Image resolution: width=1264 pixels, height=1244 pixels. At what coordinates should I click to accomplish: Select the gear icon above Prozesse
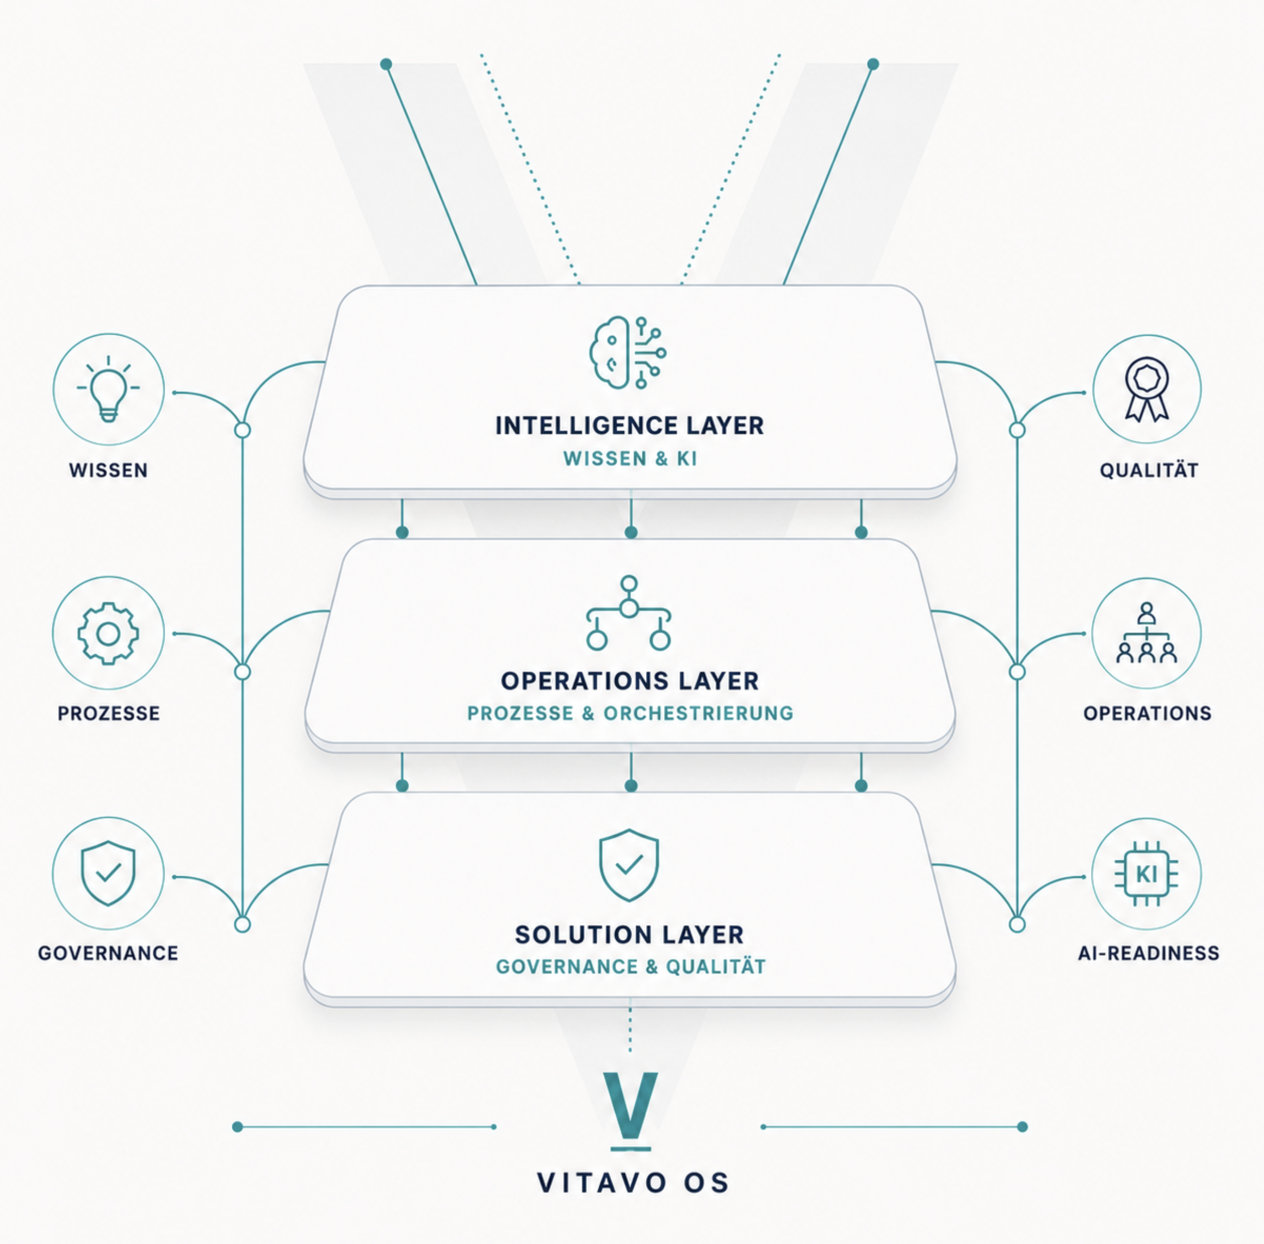[x=108, y=633]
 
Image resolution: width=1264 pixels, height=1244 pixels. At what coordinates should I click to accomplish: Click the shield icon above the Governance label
[x=108, y=873]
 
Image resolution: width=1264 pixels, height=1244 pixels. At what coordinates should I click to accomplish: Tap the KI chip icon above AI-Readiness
[x=1147, y=873]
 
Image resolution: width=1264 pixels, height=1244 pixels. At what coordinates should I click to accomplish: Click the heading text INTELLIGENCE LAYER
[x=629, y=426]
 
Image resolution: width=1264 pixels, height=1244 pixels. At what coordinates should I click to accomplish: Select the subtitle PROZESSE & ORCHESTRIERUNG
[x=630, y=713]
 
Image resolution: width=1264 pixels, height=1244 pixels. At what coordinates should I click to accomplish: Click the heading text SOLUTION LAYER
[x=629, y=935]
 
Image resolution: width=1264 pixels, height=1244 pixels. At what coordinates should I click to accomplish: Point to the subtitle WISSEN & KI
[x=630, y=459]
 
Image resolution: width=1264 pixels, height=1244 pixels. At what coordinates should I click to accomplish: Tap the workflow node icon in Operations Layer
[x=628, y=613]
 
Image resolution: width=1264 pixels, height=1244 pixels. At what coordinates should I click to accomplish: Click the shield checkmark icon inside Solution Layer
[x=629, y=865]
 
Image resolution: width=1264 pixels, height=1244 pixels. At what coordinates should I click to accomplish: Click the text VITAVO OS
[x=632, y=1183]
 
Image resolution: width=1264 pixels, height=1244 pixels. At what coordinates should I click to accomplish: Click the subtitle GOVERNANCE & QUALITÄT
[x=631, y=966]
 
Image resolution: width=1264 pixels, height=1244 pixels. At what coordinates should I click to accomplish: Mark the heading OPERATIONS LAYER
[x=629, y=681]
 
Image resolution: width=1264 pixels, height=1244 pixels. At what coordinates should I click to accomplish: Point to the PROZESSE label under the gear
[x=108, y=713]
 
